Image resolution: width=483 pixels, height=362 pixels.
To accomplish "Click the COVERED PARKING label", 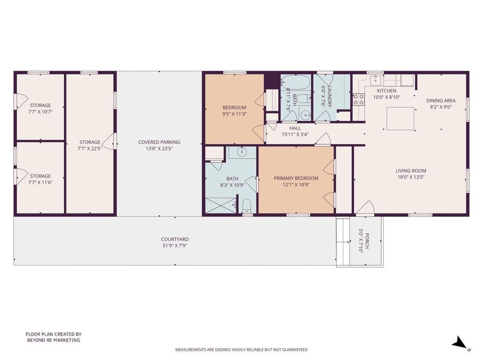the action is [x=159, y=142].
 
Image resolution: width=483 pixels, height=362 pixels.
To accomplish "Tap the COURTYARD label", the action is [x=175, y=239].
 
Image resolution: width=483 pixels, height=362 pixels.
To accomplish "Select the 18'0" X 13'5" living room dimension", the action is [x=411, y=177].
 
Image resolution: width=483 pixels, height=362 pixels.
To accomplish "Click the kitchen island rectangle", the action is [x=400, y=118].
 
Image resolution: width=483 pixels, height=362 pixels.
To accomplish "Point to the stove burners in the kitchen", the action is [x=358, y=99].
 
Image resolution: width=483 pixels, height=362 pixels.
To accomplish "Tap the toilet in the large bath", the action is [x=247, y=206].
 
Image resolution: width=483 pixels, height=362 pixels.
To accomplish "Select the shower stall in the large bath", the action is [x=221, y=205].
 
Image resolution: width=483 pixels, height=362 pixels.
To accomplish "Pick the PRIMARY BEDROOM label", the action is [x=296, y=178].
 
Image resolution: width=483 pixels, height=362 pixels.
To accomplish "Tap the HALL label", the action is [x=295, y=128].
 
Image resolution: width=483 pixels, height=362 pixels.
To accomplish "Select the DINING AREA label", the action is [x=441, y=101].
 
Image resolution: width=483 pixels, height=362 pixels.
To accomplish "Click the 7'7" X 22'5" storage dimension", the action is [x=90, y=148].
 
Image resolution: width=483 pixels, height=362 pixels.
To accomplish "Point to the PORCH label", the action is [x=367, y=241].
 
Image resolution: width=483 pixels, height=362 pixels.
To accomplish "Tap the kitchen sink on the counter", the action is [x=376, y=79].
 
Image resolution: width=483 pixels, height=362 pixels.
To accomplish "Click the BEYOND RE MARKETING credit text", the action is [x=54, y=340].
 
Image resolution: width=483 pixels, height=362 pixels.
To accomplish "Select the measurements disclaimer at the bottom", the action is [x=241, y=350].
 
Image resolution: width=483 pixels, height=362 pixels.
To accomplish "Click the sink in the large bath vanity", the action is [x=242, y=152].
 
